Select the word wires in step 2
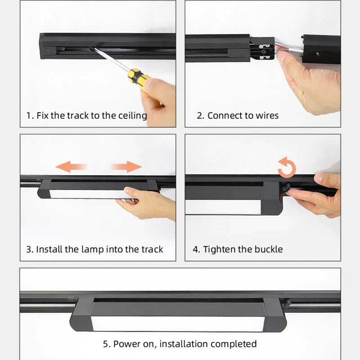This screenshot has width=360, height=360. pos(267,116)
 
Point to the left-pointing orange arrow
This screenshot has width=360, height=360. pos(71,166)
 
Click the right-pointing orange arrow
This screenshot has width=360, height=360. pos(126,166)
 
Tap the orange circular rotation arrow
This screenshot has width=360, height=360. pos(287,167)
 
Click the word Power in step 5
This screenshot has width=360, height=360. pos(127,344)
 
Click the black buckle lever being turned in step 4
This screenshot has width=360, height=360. pos(286,188)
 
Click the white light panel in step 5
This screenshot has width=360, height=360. pos(178,324)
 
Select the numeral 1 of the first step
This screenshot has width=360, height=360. pos(28,116)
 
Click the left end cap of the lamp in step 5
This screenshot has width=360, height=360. pos(82,315)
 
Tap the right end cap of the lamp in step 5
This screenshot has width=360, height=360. pos(274,315)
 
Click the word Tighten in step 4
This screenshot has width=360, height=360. pos(220,250)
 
